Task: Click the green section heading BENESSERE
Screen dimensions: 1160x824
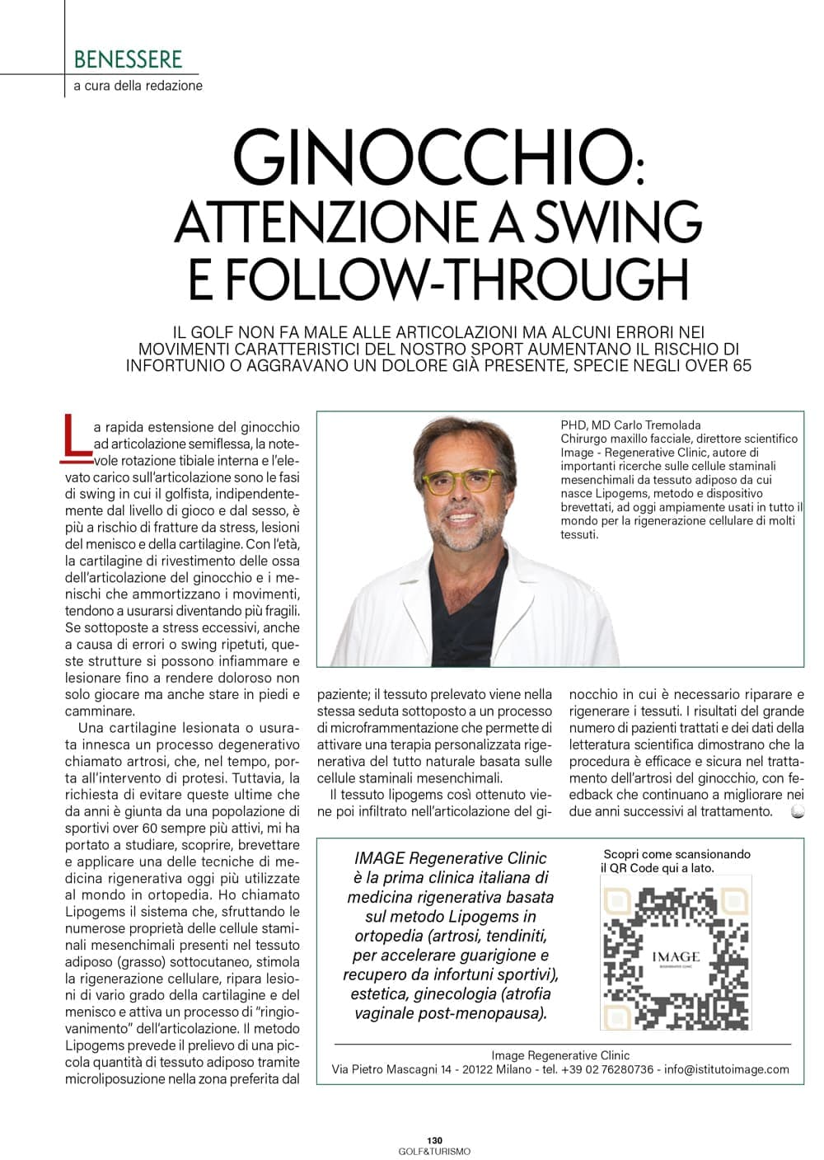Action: [128, 59]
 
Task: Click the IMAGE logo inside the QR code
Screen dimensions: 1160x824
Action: [676, 957]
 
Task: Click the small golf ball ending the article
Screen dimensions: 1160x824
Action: [797, 811]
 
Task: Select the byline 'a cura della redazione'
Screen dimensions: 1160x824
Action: [138, 86]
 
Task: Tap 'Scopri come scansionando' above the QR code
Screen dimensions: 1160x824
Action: [677, 854]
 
